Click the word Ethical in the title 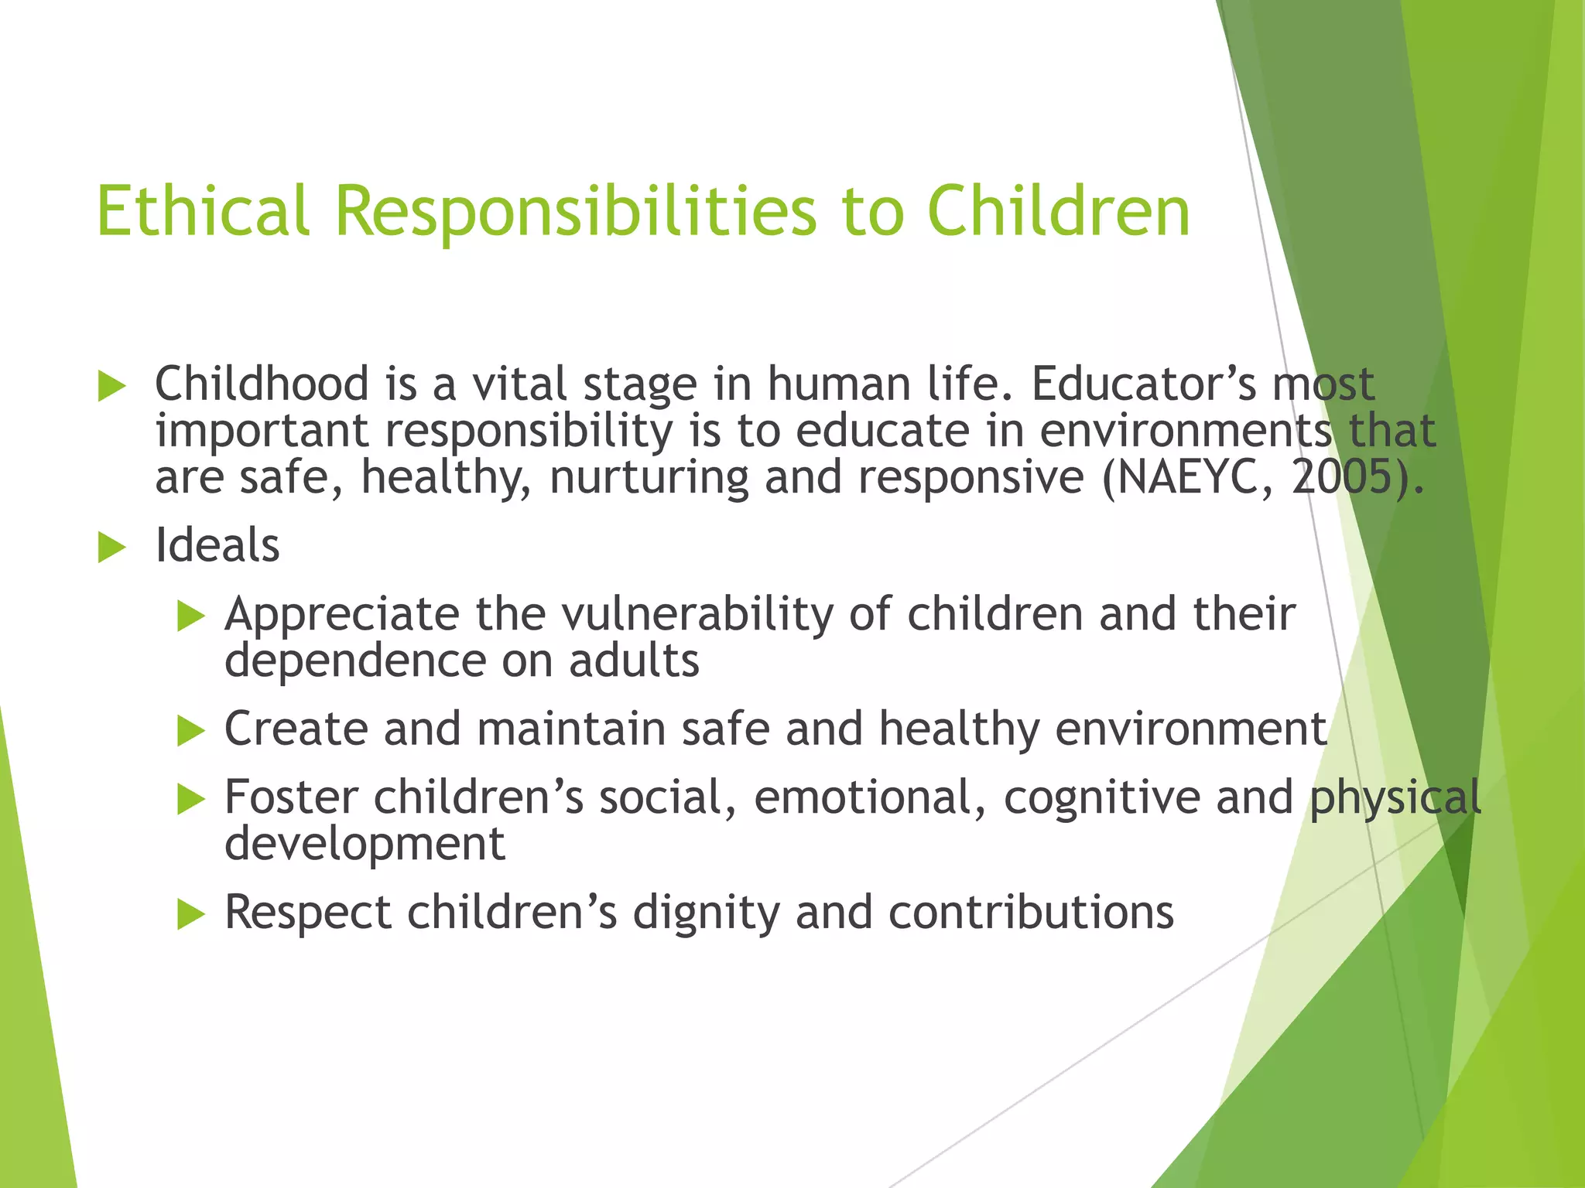(203, 210)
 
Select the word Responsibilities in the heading (576, 210)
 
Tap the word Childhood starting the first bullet (262, 384)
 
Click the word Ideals (217, 545)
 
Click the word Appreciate (342, 614)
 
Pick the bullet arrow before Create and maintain (190, 730)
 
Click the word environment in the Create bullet (1191, 729)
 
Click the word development (365, 843)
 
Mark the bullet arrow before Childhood (112, 386)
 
